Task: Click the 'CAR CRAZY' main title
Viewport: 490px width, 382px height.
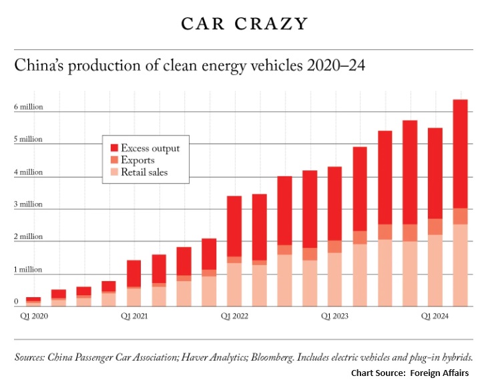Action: pos(244,23)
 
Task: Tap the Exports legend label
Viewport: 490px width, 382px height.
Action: pos(138,160)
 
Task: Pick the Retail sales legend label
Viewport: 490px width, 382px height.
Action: pos(144,172)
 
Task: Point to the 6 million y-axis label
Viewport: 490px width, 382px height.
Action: pos(28,107)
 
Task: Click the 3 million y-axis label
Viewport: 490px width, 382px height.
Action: pos(28,204)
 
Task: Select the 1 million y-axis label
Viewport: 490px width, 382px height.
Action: pos(28,269)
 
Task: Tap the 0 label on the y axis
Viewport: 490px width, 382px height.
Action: pos(16,302)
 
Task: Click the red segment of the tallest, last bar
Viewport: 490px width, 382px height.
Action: pos(460,154)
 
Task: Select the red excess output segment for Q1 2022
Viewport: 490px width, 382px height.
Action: pos(234,226)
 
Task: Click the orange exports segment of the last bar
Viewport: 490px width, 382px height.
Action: pos(460,216)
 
